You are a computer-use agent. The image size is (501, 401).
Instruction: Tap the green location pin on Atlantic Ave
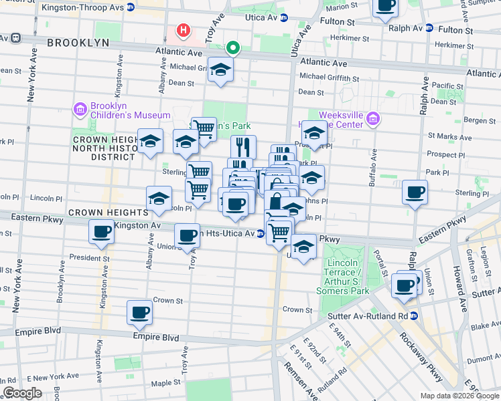[233, 48]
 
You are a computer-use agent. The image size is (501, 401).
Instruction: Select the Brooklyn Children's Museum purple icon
[80, 109]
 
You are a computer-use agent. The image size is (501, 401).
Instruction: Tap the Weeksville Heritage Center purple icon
[374, 120]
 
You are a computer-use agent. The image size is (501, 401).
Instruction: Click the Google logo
[22, 392]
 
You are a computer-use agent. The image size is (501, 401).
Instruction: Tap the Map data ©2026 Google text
[459, 396]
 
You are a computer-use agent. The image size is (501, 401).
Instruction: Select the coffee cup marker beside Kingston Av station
[102, 231]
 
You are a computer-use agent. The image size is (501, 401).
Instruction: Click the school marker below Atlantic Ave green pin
[220, 70]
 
